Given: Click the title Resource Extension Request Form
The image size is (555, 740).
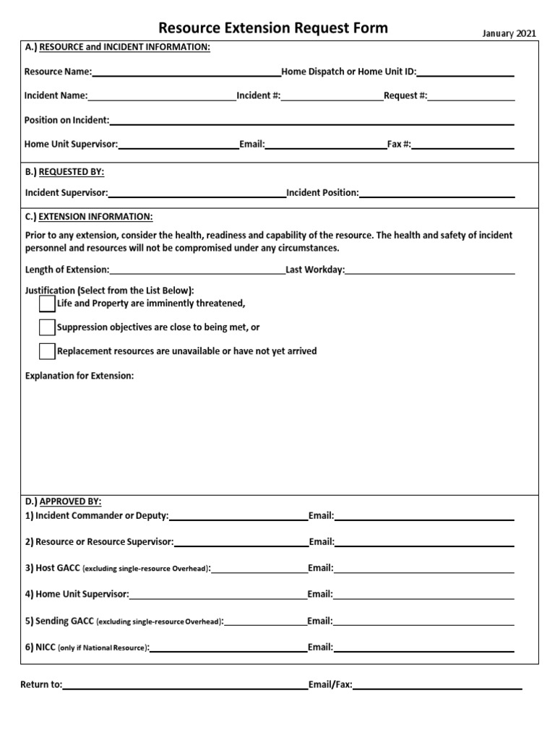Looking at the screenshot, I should [x=273, y=28].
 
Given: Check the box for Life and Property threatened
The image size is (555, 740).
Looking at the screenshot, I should [x=47, y=303].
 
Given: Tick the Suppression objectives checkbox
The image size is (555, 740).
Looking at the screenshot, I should [x=47, y=327].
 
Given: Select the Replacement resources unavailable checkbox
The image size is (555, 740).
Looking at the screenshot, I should [x=47, y=351].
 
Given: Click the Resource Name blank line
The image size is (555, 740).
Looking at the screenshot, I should [x=186, y=72].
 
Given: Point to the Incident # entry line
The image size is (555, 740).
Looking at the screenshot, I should [x=332, y=96].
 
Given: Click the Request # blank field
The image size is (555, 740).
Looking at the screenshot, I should [x=471, y=96].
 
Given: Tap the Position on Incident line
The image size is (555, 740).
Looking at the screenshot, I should [x=311, y=121].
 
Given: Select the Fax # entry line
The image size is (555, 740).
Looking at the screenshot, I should [x=462, y=145].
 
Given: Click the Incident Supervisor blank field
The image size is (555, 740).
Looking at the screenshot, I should [x=197, y=194].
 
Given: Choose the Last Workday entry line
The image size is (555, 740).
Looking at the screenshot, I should [x=430, y=270].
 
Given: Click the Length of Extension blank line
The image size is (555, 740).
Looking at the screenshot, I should [x=197, y=270].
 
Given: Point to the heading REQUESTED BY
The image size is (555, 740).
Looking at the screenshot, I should [x=71, y=172].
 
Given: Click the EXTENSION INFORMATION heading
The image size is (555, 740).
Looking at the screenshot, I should [x=95, y=217].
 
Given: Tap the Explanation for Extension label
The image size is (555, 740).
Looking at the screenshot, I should [x=79, y=376].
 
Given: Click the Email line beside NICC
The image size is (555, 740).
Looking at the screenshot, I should [x=424, y=648].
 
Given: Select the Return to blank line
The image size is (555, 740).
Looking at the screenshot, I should [x=185, y=685].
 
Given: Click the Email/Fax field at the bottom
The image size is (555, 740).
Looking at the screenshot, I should [x=437, y=685].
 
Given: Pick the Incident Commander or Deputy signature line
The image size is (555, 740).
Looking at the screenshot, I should [x=238, y=517].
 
